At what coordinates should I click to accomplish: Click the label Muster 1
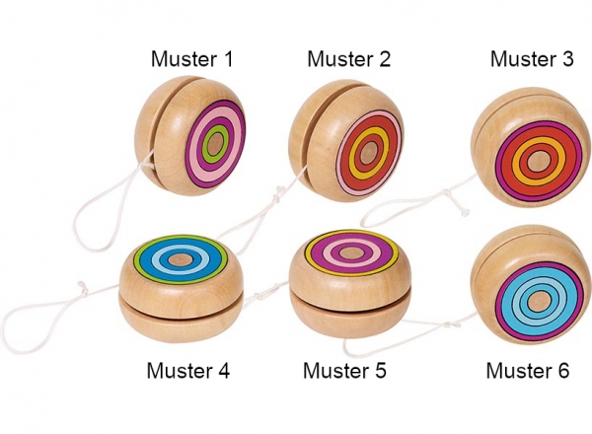point(192,59)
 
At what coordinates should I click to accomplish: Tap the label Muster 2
point(349,59)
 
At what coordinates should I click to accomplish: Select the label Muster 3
point(532,59)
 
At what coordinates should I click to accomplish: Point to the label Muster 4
point(188,371)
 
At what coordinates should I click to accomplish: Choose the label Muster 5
point(345,371)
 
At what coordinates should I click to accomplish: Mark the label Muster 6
point(528,371)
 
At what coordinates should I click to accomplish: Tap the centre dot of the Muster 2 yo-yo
point(368,153)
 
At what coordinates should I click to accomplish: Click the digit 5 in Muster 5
point(381,371)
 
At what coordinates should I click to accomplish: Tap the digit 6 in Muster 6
point(563,371)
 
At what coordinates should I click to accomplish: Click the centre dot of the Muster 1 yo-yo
point(214,147)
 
